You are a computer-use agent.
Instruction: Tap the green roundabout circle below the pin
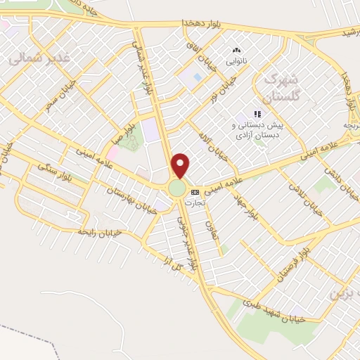177,188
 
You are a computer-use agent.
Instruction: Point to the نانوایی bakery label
237,60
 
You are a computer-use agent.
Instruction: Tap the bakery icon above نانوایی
237,51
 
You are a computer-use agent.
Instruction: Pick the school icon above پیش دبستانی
258,114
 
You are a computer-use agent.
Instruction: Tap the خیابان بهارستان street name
129,181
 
